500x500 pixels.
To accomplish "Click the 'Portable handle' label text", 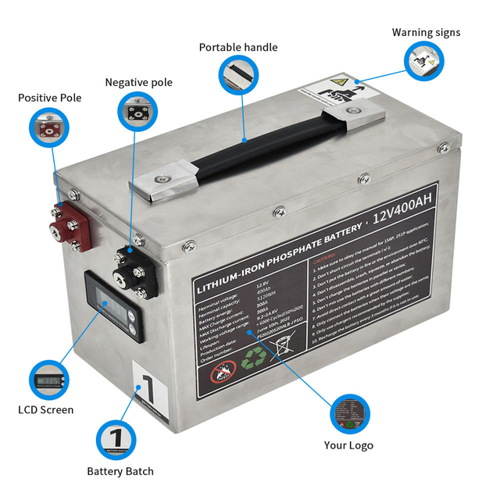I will (x=238, y=48).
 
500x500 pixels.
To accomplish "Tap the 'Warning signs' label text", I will (x=426, y=33).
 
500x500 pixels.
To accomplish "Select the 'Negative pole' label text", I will (x=139, y=83).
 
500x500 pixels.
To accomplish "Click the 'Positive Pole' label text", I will (x=50, y=98).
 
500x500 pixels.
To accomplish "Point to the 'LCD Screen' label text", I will (x=46, y=409).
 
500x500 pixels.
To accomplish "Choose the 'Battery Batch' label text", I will (x=120, y=471).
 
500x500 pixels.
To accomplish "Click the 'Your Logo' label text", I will (x=348, y=445).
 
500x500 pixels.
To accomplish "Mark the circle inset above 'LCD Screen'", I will (x=46, y=380).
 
